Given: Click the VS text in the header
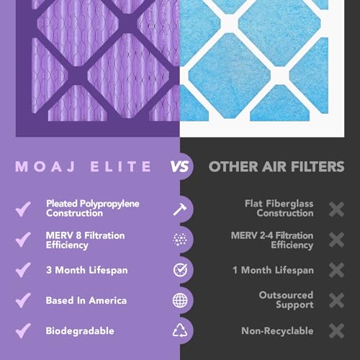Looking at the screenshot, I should pos(180,167).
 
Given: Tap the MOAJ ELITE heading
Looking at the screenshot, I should pos(85,167).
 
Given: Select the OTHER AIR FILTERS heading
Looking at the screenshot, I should pos(276,167).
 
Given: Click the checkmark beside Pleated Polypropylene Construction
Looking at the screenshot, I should pos(24,209).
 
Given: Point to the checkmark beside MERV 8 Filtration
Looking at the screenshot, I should pos(24,240).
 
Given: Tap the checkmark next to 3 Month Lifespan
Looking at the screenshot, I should pos(24,270).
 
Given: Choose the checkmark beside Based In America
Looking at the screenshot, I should pos(24,300).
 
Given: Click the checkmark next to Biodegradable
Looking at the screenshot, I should pos(24,330).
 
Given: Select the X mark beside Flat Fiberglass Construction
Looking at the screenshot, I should pos(336,209).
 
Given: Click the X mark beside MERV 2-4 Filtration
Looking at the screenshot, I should pos(336,240).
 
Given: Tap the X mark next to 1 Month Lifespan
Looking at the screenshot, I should pos(336,270).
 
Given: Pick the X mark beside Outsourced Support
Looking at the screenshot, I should pos(336,300).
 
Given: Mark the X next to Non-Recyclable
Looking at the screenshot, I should pos(336,330).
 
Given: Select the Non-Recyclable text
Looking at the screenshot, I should pos(277,330).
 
